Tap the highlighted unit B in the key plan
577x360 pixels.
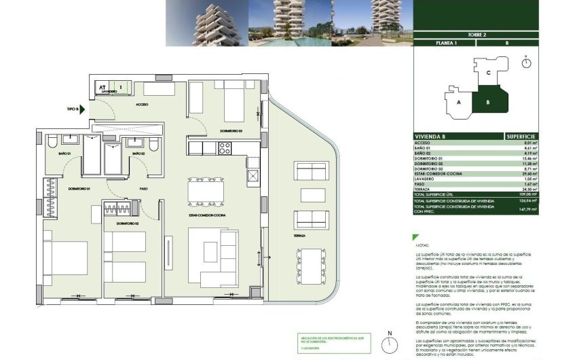487,102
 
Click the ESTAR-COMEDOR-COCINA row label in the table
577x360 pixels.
440,174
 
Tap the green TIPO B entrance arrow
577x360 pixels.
82,109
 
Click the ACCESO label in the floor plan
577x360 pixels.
142,105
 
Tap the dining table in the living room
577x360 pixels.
204,191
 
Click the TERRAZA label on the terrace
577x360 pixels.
300,236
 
